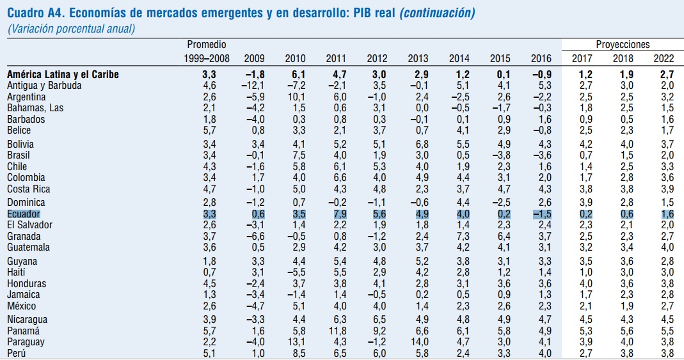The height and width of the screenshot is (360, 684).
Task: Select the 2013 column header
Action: click(x=418, y=59)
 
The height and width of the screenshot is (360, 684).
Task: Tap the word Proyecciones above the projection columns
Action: click(x=623, y=45)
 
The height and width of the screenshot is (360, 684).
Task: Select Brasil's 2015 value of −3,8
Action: click(x=500, y=155)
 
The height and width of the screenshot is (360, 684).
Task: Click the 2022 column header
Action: click(x=664, y=59)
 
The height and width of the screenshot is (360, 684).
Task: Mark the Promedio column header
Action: click(x=207, y=45)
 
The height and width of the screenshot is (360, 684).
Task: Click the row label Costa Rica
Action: click(x=29, y=189)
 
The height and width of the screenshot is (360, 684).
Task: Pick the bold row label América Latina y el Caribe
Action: click(x=63, y=74)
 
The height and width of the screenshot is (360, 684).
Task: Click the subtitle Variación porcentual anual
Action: click(x=72, y=28)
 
